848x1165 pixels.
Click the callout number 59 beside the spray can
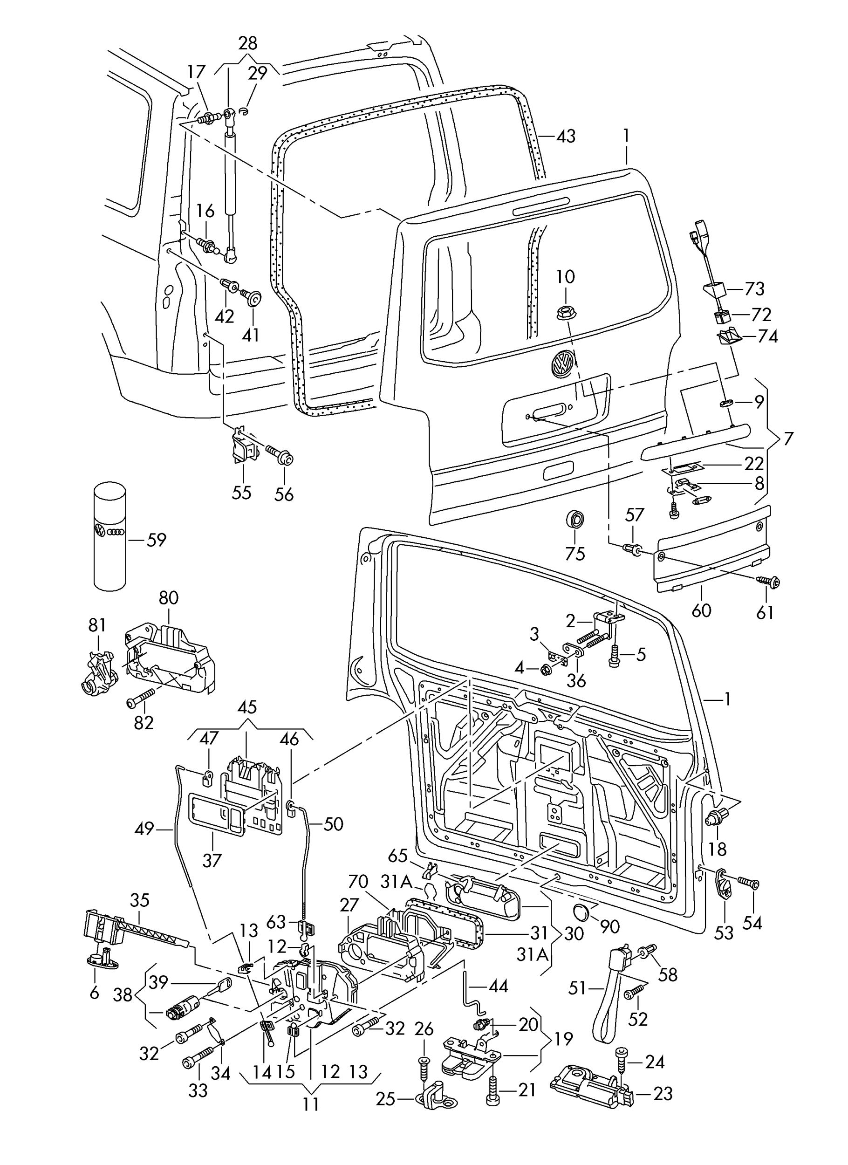[157, 540]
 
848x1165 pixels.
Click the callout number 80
[169, 597]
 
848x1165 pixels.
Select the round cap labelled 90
[581, 913]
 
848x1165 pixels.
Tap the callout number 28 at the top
[248, 43]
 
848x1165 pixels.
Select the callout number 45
[247, 707]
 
